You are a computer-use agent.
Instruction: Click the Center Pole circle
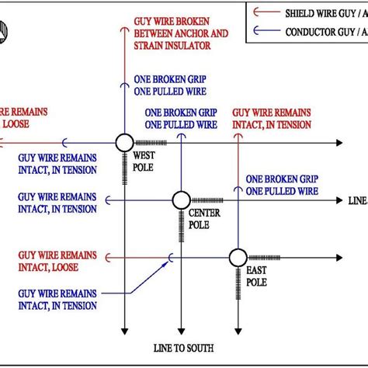point(180,200)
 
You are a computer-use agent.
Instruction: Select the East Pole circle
point(236,257)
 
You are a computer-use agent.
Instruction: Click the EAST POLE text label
point(256,276)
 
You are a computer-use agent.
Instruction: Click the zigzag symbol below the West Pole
point(124,166)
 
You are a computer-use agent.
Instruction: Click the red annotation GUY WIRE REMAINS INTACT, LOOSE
point(57,260)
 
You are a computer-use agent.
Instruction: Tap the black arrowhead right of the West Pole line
point(338,143)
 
